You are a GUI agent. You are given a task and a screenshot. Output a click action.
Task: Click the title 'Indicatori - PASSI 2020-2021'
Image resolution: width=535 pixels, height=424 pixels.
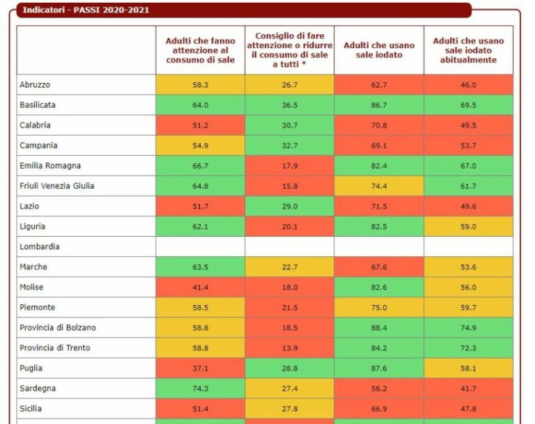point(86,10)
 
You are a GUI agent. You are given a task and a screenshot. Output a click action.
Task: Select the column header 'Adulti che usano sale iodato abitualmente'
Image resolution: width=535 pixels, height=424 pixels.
point(468,50)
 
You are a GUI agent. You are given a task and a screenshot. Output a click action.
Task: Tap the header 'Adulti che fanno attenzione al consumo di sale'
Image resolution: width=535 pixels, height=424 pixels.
point(200,50)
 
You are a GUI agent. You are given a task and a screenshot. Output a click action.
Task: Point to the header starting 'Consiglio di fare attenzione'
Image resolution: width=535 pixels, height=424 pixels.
point(289,49)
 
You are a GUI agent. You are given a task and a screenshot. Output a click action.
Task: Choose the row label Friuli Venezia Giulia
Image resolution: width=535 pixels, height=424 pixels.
point(58,186)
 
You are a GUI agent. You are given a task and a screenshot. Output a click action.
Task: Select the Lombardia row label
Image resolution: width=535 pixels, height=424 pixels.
point(40,246)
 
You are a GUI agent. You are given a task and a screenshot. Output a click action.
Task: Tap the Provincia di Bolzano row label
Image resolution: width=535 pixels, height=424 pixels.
point(57,327)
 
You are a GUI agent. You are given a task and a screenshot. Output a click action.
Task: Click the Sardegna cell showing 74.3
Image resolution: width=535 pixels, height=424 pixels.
point(200,388)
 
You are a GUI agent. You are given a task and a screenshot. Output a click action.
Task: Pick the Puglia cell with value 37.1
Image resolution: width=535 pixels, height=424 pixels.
point(200,368)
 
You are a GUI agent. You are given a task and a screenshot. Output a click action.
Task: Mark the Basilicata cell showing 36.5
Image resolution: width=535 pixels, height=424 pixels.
point(289,104)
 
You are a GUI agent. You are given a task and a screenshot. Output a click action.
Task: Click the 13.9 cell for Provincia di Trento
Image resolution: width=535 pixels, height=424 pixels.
point(289,347)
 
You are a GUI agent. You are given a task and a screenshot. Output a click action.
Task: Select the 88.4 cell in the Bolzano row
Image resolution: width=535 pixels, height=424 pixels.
point(378,327)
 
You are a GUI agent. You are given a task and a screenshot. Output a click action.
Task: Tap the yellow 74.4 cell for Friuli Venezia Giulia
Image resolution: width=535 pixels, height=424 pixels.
point(378,186)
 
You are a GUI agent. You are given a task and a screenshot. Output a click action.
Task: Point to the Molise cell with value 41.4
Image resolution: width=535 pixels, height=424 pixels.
point(200,287)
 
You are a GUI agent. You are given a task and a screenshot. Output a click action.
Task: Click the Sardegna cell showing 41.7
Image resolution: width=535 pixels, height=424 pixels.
point(468,388)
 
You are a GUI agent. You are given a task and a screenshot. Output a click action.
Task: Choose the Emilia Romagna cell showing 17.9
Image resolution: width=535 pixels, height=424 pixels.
point(289,166)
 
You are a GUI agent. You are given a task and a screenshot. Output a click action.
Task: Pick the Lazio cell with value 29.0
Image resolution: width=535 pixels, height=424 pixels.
point(289,206)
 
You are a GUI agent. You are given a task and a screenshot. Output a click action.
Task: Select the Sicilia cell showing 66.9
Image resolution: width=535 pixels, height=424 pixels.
point(378,408)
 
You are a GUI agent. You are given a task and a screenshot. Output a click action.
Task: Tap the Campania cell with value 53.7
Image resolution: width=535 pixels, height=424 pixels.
point(468,146)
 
